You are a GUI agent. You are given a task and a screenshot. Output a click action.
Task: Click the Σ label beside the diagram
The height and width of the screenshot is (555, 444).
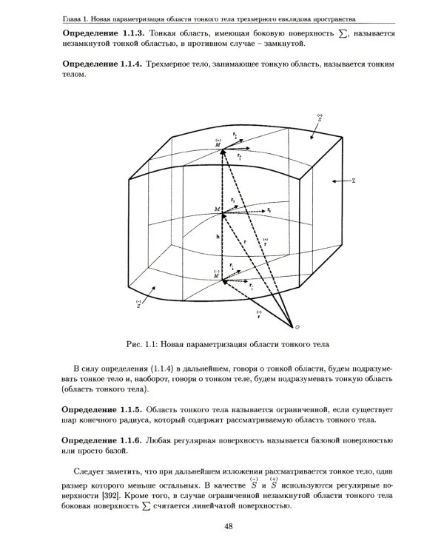[354, 180]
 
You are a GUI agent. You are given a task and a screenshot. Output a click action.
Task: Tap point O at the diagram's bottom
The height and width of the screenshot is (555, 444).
[298, 326]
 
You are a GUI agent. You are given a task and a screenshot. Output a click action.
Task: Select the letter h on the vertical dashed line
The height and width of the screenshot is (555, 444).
[217, 237]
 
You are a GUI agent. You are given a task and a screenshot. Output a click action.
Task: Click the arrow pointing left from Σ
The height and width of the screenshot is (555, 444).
[340, 180]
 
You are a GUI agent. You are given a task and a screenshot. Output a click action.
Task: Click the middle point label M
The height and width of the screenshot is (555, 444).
[217, 211]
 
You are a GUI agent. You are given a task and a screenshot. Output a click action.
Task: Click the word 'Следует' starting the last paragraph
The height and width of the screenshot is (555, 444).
[92, 471]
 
